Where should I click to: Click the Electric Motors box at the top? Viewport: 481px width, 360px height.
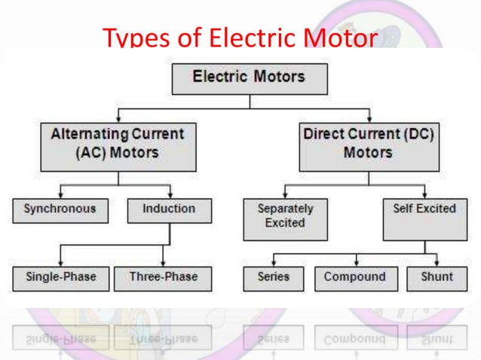coord(249,78)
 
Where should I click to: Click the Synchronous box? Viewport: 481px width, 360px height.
coord(60,209)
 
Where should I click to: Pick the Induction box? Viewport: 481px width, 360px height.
coord(169,209)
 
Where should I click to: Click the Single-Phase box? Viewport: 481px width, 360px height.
coord(60,277)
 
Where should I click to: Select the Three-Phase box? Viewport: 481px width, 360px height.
coord(163,277)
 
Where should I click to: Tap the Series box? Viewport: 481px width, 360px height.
coord(273,277)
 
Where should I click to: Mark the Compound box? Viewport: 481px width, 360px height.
coord(354,277)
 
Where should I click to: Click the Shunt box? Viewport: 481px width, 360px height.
coord(437,277)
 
